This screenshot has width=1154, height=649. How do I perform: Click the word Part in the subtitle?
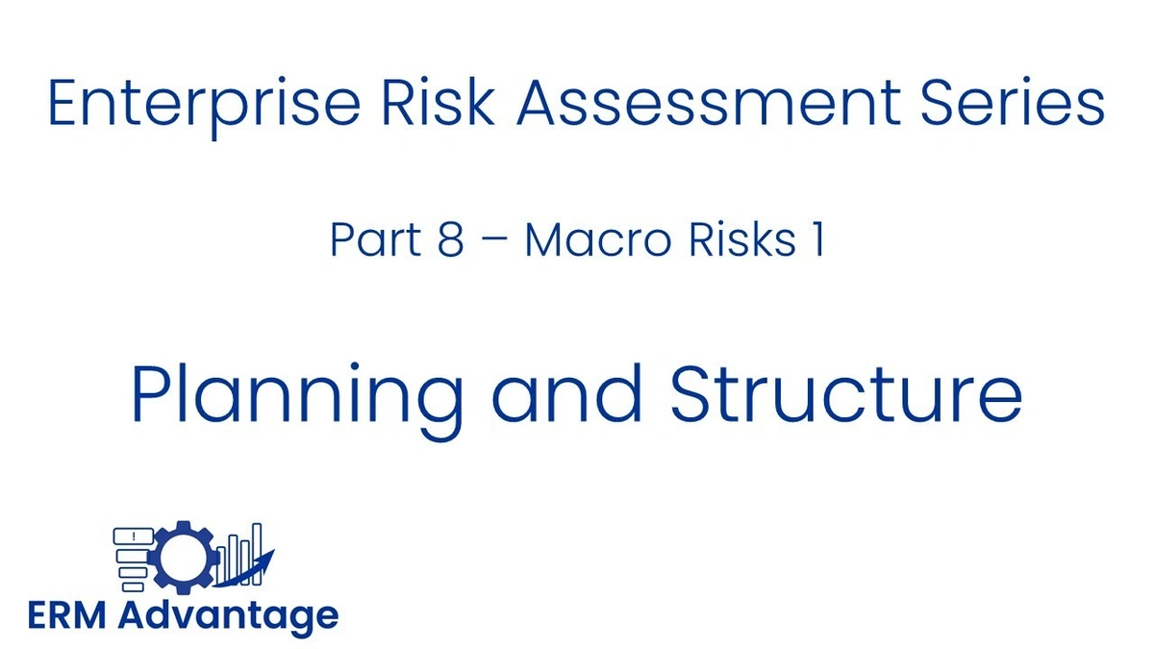tap(366, 240)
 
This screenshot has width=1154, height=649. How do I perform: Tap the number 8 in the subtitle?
tap(449, 240)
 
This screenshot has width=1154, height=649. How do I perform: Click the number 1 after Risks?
tap(816, 240)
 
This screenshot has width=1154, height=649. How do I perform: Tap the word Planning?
tap(297, 397)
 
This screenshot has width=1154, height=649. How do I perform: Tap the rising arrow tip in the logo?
tap(271, 553)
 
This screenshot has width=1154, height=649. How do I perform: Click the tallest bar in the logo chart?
tap(257, 553)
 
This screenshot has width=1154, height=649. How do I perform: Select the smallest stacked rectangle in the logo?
tap(133, 587)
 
